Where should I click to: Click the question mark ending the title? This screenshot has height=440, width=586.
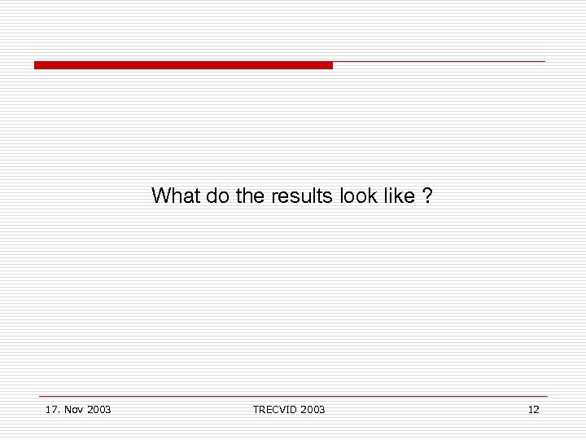(x=428, y=196)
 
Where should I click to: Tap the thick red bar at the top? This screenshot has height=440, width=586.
(x=183, y=65)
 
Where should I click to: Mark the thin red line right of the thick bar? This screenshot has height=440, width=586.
(x=439, y=61)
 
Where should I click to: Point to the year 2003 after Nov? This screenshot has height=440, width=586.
(x=98, y=409)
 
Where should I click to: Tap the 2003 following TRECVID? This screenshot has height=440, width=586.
(x=312, y=409)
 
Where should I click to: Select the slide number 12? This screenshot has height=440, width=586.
(x=533, y=409)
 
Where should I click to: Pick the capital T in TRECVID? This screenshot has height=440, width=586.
(x=256, y=409)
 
